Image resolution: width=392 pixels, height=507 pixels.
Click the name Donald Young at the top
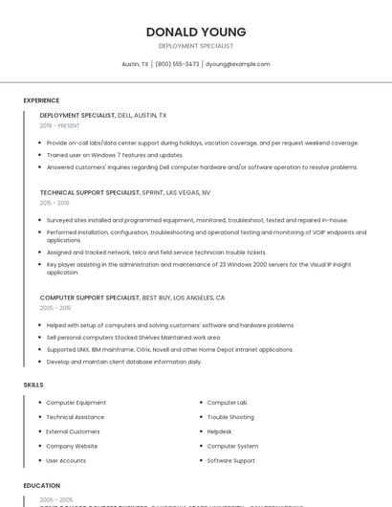pos(196,32)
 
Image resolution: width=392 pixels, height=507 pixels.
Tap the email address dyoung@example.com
pos(237,64)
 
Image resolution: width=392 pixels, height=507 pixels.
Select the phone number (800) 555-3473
pos(177,64)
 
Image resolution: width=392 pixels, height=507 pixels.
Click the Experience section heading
pos(41,100)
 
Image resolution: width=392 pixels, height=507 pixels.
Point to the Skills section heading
pos(33,385)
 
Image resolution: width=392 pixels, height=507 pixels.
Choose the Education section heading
pos(42,486)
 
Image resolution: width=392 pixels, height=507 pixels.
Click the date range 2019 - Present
pos(60,125)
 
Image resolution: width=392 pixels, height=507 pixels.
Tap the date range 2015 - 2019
pos(54,203)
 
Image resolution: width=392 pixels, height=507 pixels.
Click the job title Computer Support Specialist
pos(90,298)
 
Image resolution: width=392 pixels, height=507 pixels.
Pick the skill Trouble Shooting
pos(230,417)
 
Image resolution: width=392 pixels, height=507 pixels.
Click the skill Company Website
pos(72,446)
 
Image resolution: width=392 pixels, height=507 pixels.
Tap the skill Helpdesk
pos(220,431)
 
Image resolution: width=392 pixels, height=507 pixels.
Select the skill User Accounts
pos(66,460)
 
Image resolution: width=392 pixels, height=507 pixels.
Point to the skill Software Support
pos(231,460)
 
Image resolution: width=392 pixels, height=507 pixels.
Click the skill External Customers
pos(74,431)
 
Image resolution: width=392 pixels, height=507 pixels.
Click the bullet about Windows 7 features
pos(115,155)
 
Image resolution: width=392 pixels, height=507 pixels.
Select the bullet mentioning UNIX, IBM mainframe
pos(169,350)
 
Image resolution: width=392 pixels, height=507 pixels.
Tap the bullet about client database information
pos(123,363)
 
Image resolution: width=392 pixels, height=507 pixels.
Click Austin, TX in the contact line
pos(136,64)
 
